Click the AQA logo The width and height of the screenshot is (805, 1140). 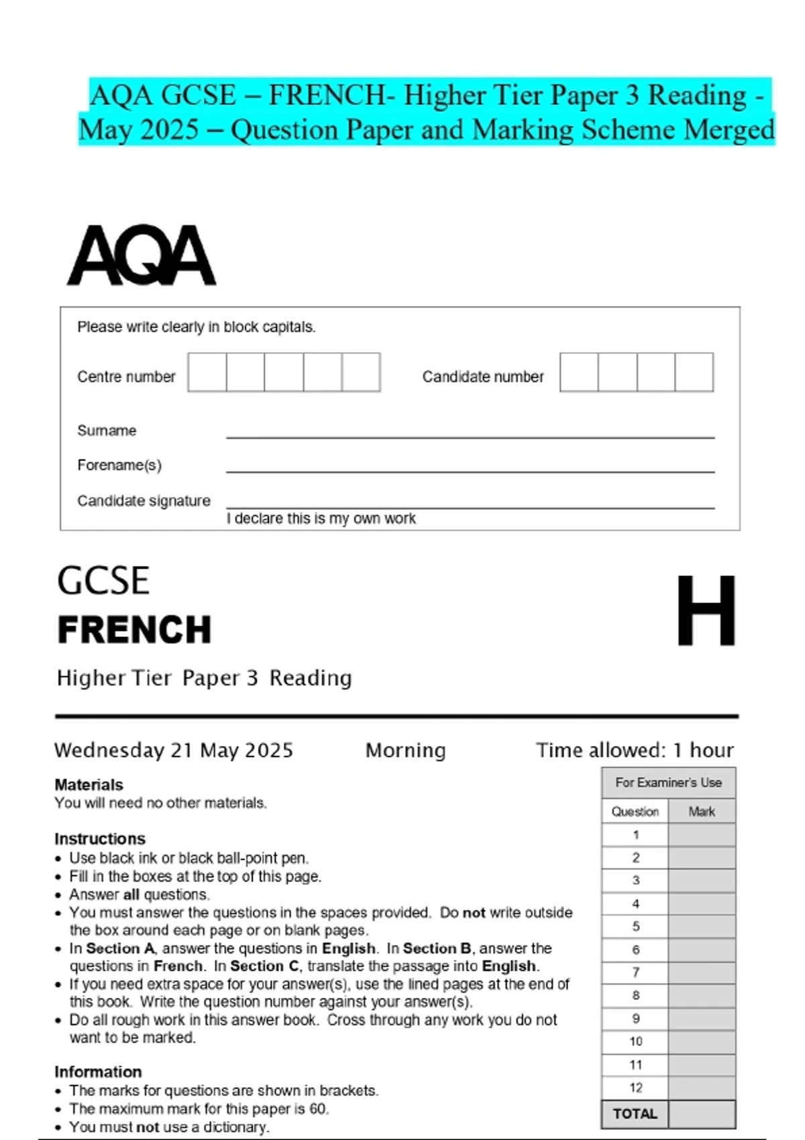coord(142,256)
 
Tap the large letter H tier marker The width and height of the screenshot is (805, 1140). coord(706,610)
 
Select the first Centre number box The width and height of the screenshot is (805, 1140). coord(207,372)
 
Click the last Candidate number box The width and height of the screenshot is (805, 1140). coord(694,372)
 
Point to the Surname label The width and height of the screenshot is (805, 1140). coord(107,431)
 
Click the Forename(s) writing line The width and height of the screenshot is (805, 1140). coord(470,471)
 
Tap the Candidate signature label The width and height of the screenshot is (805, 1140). coord(144,501)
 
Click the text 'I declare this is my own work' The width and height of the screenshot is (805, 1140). coord(321,518)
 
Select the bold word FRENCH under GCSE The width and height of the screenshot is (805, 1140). coord(134,630)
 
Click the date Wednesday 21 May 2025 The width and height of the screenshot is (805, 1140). coord(174,750)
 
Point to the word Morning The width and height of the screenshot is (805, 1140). coord(405,750)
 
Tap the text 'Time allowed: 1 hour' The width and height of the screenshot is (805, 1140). coord(635,750)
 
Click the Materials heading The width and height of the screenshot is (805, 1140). coord(89,785)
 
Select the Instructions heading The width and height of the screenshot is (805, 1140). coord(100,839)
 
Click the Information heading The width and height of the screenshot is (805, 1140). coord(98,1072)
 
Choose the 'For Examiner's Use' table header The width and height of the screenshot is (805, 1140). coord(668,783)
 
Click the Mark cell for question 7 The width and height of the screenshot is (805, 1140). coord(702,972)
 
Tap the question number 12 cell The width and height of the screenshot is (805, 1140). coord(635,1088)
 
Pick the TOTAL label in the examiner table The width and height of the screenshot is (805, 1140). coord(635,1114)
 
